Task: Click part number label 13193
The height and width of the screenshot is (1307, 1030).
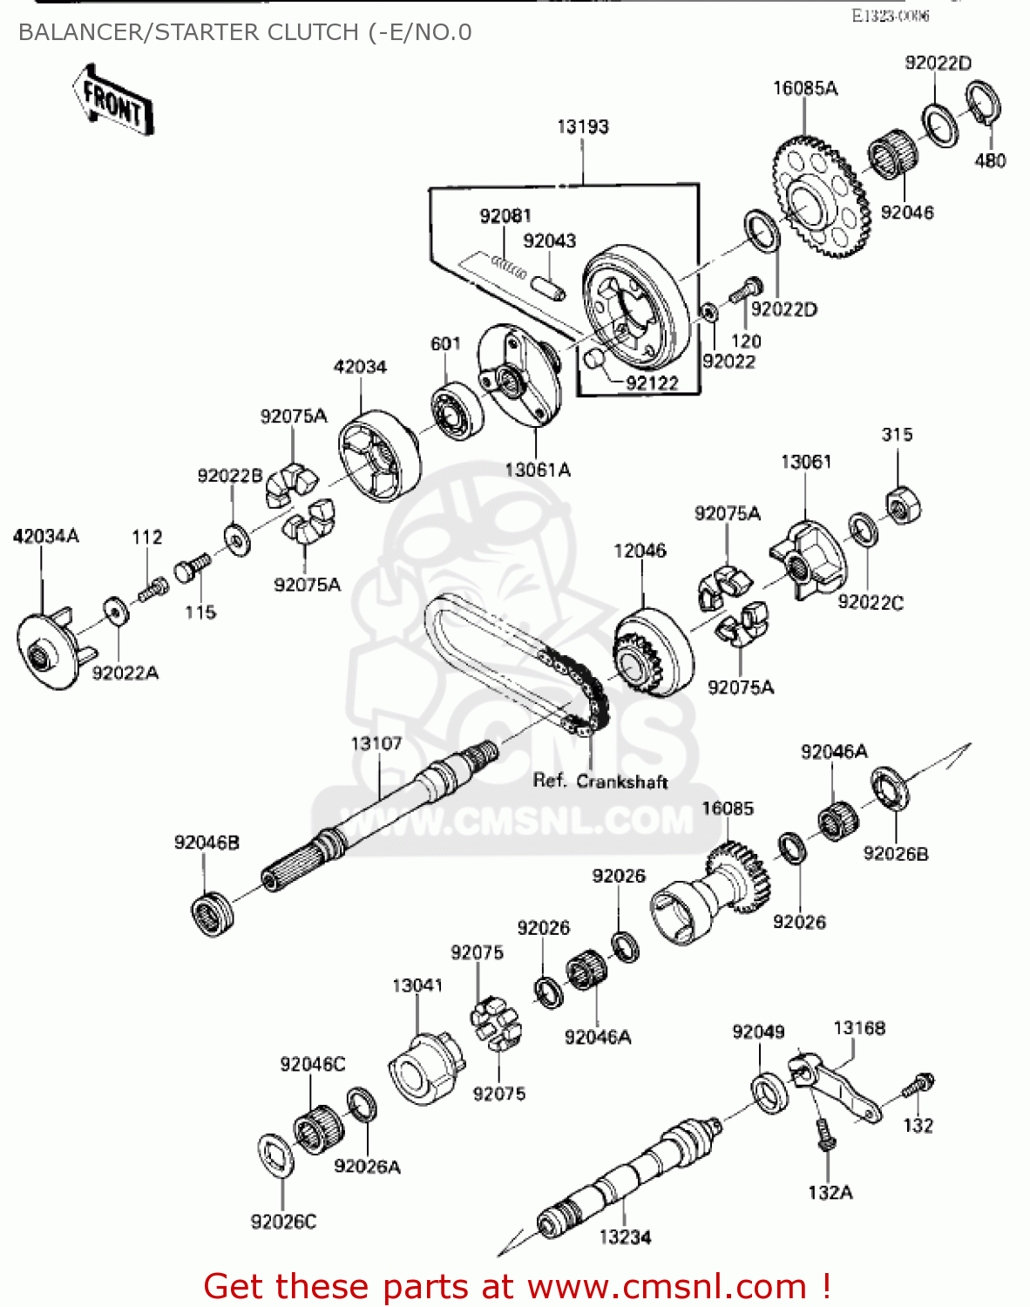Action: [x=582, y=127]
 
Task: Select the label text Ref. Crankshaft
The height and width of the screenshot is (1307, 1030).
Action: [x=600, y=781]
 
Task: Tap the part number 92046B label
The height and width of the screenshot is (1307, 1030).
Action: [x=207, y=843]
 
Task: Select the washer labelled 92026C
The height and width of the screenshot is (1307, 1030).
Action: [x=276, y=1156]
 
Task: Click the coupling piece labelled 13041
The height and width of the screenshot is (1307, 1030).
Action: [x=424, y=1068]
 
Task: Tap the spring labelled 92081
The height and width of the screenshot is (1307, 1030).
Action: [x=509, y=265]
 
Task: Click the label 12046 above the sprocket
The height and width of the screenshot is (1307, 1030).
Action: [x=640, y=551]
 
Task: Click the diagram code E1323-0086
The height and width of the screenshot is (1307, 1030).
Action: [x=890, y=16]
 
